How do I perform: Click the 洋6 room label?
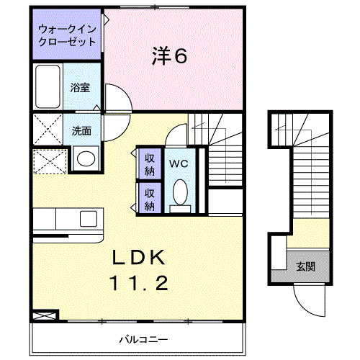[171, 56]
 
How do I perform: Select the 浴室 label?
[80, 88]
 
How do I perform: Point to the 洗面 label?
[81, 131]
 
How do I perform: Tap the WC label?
[179, 163]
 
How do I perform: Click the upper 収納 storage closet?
[150, 164]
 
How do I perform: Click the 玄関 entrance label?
[305, 267]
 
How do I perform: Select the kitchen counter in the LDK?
[68, 218]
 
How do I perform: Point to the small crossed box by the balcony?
[44, 314]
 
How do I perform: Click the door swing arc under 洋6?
[117, 97]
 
